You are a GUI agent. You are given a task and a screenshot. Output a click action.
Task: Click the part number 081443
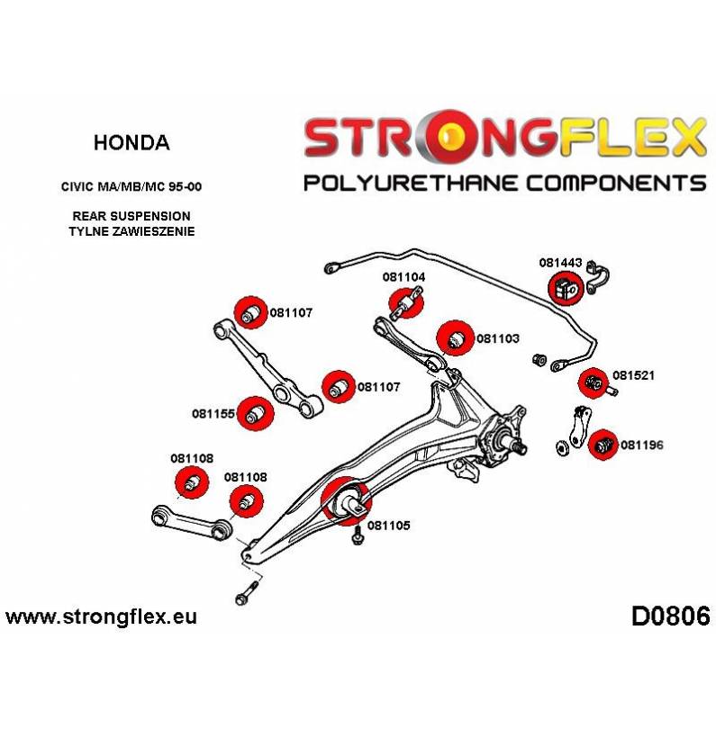tap(561, 263)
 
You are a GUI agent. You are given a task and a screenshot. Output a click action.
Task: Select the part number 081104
tap(403, 277)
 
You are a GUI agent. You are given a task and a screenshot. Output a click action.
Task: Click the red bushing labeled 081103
tap(455, 337)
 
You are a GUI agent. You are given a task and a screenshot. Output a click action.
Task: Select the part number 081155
tap(213, 415)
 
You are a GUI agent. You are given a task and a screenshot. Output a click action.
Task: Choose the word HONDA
tap(131, 142)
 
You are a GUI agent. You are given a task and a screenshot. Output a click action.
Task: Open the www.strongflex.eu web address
tap(101, 617)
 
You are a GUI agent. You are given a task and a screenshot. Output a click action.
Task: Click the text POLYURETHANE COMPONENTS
tap(504, 183)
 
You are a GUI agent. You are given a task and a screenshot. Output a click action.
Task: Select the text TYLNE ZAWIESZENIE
tap(131, 232)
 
